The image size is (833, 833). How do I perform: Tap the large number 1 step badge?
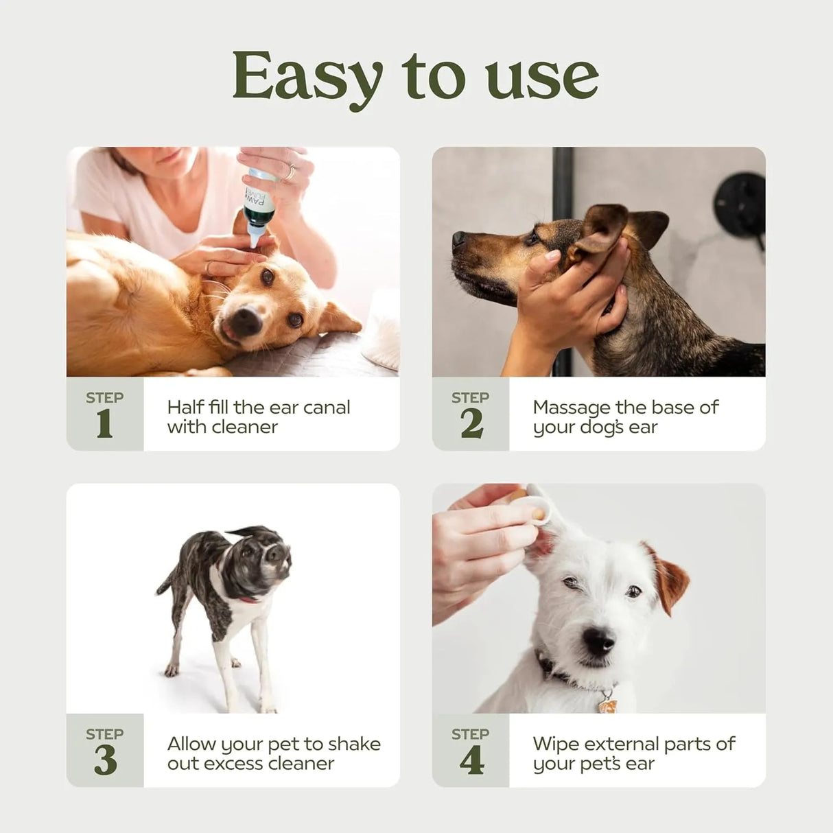(x=104, y=423)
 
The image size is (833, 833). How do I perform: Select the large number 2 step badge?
(x=471, y=423)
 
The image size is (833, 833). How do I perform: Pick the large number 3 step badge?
(x=105, y=760)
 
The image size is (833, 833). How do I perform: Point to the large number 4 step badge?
(x=471, y=760)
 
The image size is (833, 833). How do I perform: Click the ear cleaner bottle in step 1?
(x=259, y=206)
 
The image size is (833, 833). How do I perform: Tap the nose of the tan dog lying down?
(x=245, y=320)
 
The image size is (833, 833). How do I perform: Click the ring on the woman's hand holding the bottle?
(x=291, y=172)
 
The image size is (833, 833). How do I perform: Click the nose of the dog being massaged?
(x=458, y=239)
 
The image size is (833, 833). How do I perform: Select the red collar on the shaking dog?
(x=248, y=599)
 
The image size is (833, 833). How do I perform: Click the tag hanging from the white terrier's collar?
(x=607, y=704)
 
